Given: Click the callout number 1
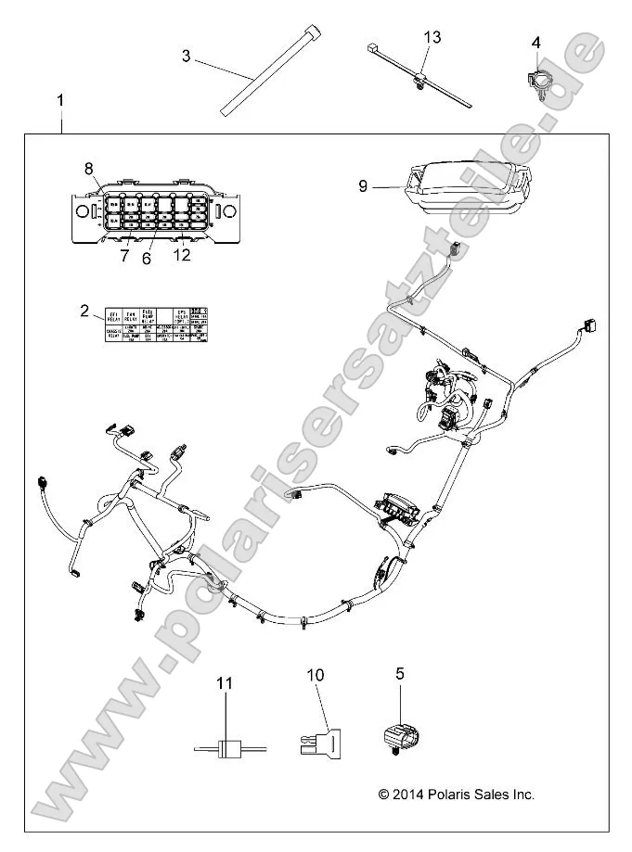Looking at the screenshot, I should pyautogui.click(x=62, y=98).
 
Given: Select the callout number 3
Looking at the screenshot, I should pyautogui.click(x=186, y=57).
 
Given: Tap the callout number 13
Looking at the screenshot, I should pyautogui.click(x=432, y=37).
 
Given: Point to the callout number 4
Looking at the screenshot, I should pyautogui.click(x=535, y=43).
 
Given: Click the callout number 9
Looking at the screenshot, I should pyautogui.click(x=364, y=186).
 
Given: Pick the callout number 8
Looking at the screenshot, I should pyautogui.click(x=89, y=168).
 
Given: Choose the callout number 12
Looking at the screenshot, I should pyautogui.click(x=182, y=255).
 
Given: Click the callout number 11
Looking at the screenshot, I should pyautogui.click(x=224, y=683).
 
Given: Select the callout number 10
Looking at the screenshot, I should pyautogui.click(x=316, y=675).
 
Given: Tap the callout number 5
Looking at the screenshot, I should pyautogui.click(x=400, y=674).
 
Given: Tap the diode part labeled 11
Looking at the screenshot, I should pyautogui.click(x=224, y=749).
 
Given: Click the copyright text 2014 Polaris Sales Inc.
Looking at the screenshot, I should pyautogui.click(x=457, y=795).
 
